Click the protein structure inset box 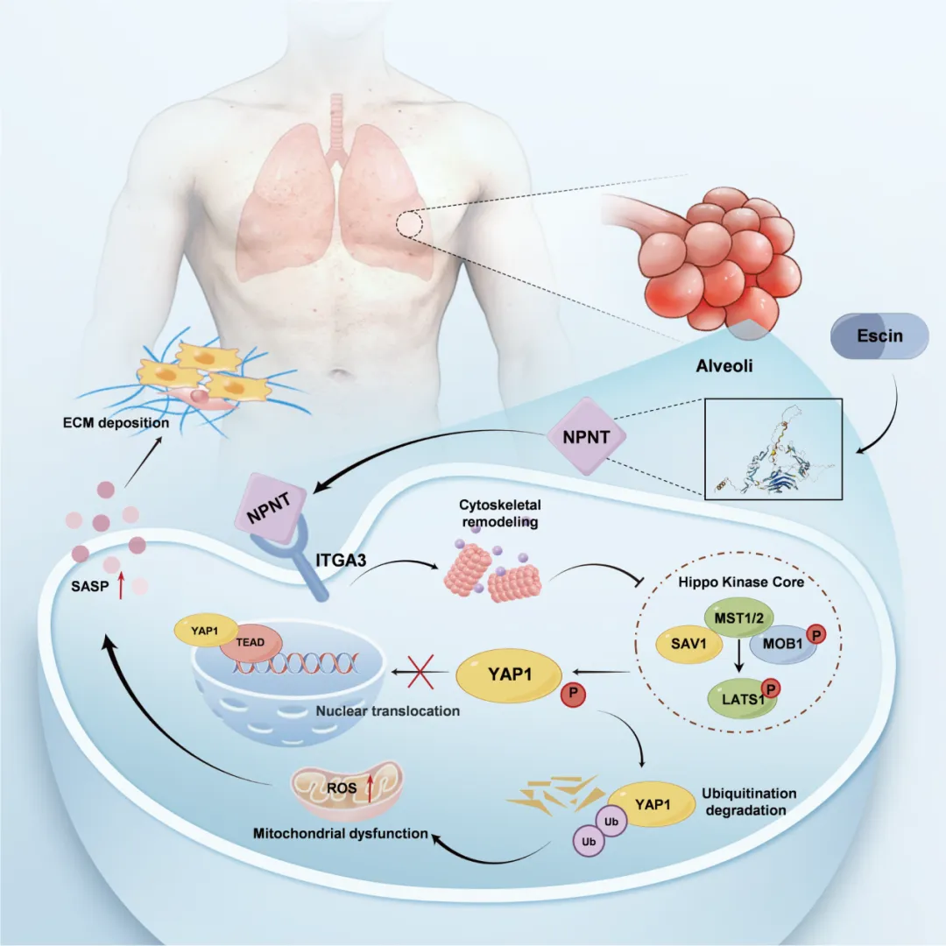pyautogui.click(x=774, y=448)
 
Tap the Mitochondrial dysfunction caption pyautogui.click(x=341, y=833)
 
